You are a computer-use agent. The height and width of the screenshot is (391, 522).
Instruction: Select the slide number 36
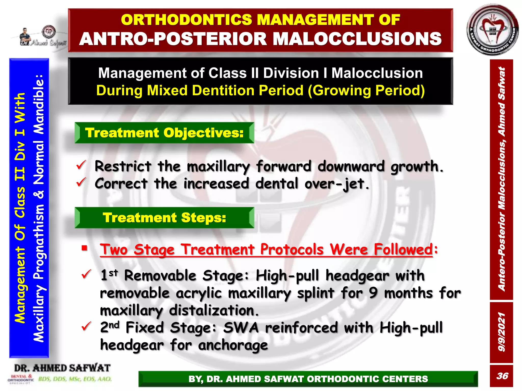click(502, 376)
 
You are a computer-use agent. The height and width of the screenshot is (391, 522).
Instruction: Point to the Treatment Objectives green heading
click(164, 133)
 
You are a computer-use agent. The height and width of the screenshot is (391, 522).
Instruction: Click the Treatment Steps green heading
click(164, 218)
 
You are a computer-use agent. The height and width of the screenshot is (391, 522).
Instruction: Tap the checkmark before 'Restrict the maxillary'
click(81, 165)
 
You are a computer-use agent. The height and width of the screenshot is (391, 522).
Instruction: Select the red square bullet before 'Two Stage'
click(84, 248)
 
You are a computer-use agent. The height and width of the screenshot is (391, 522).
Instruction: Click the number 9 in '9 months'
click(373, 293)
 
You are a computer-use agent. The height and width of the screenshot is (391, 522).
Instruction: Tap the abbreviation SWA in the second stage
click(241, 328)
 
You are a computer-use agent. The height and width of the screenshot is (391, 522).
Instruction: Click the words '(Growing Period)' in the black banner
click(366, 91)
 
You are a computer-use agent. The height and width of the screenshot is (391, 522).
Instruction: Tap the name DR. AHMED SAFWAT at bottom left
click(62, 368)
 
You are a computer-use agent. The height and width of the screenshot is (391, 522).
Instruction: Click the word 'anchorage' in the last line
click(233, 345)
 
